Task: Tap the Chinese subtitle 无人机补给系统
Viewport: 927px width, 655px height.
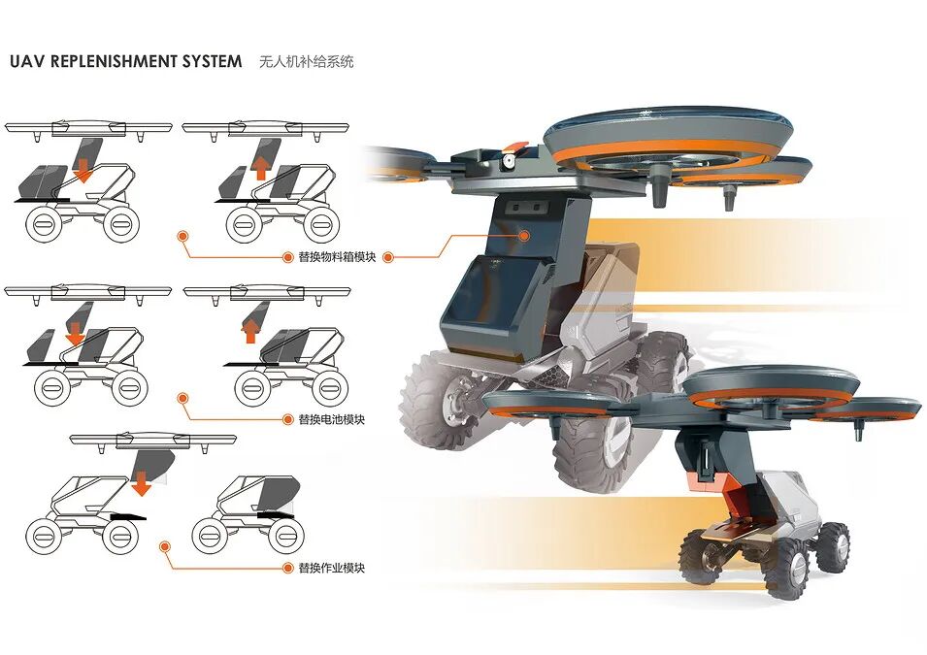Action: pos(307,62)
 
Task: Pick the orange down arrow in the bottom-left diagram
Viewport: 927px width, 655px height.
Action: pos(142,481)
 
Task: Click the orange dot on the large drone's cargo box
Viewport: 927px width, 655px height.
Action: pos(524,235)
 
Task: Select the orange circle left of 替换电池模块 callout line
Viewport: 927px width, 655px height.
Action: pos(182,398)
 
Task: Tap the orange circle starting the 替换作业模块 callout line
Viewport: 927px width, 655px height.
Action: pos(164,547)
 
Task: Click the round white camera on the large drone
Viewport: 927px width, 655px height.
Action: pos(505,163)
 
